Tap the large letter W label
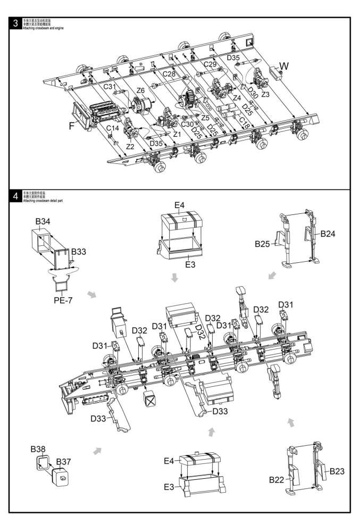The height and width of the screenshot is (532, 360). tap(284, 66)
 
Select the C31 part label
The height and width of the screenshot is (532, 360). tap(110, 87)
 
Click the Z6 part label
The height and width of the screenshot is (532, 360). tap(141, 90)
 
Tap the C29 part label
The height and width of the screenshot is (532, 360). tap(210, 64)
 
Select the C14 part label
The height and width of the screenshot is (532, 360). tap(112, 128)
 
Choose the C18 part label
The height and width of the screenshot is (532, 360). tap(244, 121)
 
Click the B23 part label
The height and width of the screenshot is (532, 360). tap(339, 470)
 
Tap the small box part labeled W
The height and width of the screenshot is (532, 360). tap(275, 72)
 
